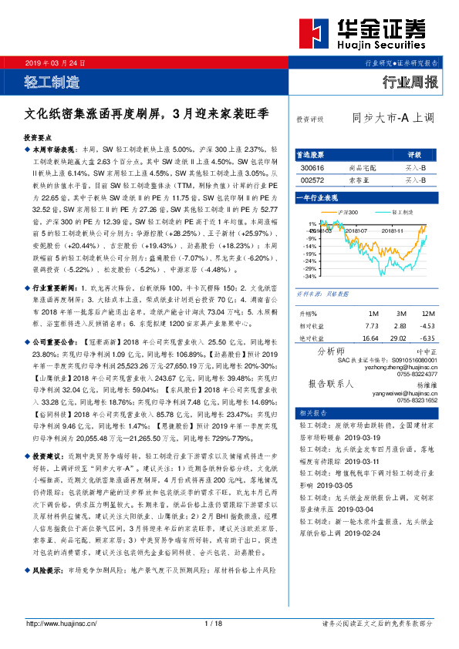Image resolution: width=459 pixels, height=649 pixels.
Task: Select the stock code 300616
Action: pos(312,167)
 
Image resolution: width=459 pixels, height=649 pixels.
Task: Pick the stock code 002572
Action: pos(312,180)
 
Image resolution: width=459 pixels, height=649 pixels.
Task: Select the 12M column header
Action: pos(427,314)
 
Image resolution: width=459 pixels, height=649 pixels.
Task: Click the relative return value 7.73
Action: pos(370,326)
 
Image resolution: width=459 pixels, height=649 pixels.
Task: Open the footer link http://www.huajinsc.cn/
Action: pos(61,623)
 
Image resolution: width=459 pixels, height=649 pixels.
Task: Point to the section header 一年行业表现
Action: pos(318,199)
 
